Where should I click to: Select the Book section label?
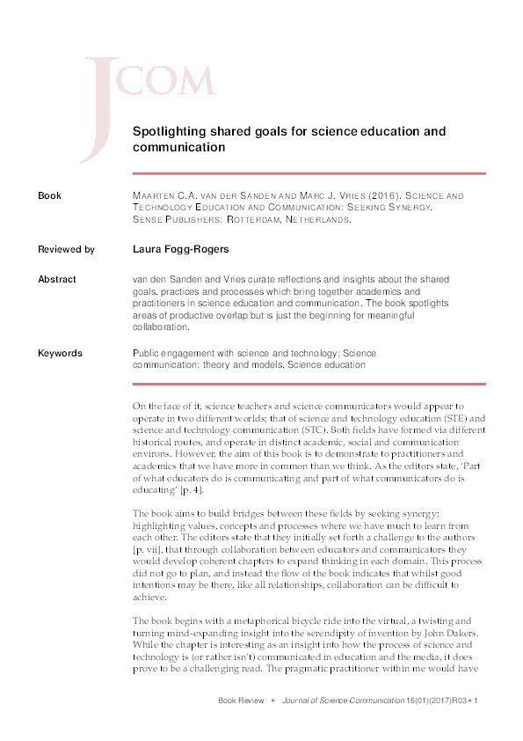click(x=49, y=195)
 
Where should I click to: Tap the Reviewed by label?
click(x=66, y=249)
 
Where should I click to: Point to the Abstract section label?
click(x=57, y=280)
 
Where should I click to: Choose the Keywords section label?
click(x=60, y=353)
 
